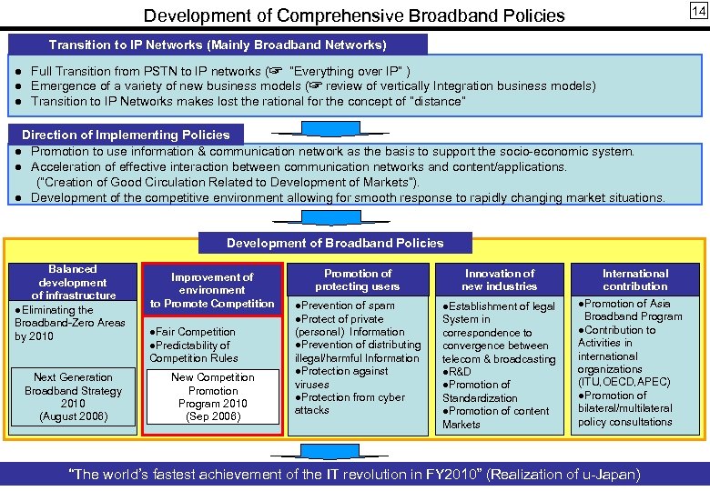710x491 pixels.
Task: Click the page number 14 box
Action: pos(696,11)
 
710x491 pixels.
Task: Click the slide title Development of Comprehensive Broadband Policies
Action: pos(354,15)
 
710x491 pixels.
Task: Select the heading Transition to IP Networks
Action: pos(218,45)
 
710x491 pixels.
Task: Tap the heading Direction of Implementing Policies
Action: pos(126,135)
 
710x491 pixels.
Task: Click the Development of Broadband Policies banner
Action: pos(335,243)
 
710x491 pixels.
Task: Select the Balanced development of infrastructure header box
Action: pos(72,282)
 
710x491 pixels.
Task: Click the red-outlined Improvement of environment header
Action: pos(212,289)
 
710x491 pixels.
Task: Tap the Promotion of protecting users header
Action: pos(358,280)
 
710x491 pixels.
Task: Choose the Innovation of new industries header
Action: pos(500,280)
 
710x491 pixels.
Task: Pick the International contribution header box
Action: pos(635,280)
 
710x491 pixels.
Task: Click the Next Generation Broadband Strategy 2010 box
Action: pos(72,397)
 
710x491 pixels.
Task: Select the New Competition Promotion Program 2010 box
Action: pos(212,397)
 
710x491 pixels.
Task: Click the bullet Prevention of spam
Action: pos(346,306)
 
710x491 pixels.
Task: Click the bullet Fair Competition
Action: pos(194,332)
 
